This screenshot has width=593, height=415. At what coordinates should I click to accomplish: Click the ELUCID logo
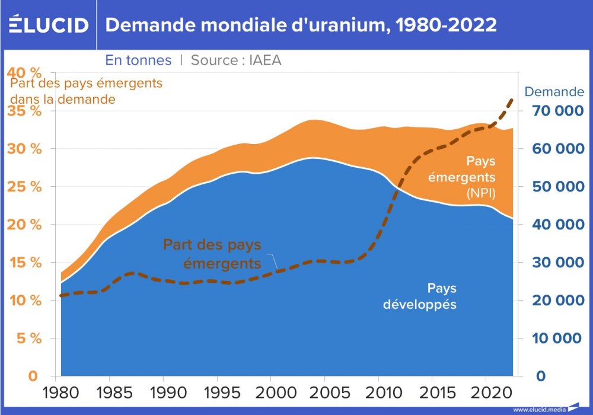(x=49, y=25)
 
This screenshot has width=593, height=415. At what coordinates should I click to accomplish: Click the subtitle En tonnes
(x=138, y=60)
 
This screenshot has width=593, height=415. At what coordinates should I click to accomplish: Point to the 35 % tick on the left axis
(x=24, y=111)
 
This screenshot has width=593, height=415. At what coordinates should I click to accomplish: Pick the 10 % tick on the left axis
(x=24, y=301)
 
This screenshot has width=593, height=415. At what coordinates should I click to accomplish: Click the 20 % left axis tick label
(x=24, y=225)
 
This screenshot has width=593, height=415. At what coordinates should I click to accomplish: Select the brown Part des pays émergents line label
(x=212, y=254)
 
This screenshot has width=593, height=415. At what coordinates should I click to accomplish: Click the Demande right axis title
(x=554, y=92)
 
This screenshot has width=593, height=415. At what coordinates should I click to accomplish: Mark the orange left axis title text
(x=87, y=91)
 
